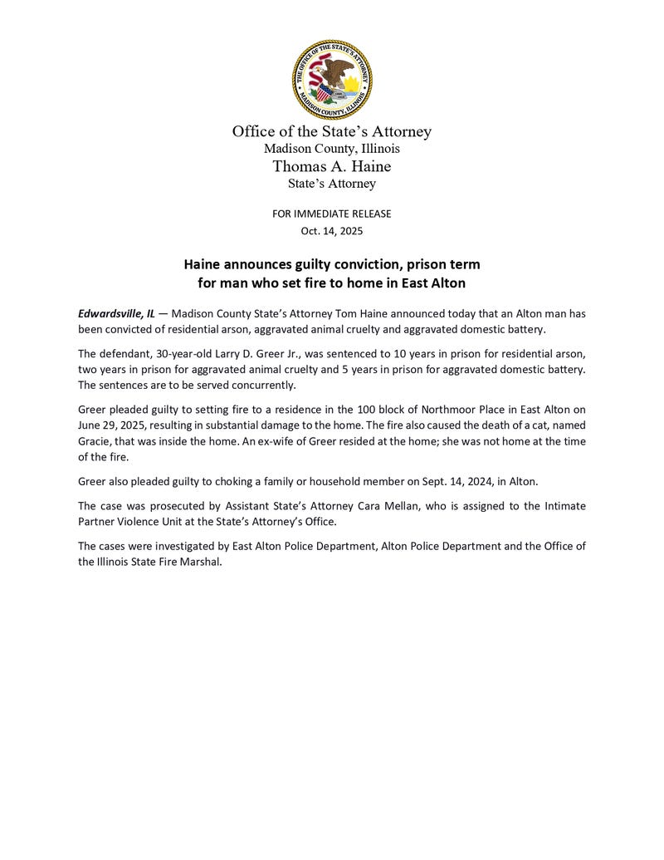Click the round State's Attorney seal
click(x=332, y=79)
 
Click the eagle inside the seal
click(x=338, y=73)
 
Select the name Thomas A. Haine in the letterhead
click(x=332, y=166)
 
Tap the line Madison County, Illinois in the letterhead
click(x=332, y=149)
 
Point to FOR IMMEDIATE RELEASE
click(x=332, y=214)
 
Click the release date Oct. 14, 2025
click(x=332, y=231)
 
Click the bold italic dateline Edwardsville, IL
click(x=116, y=313)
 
